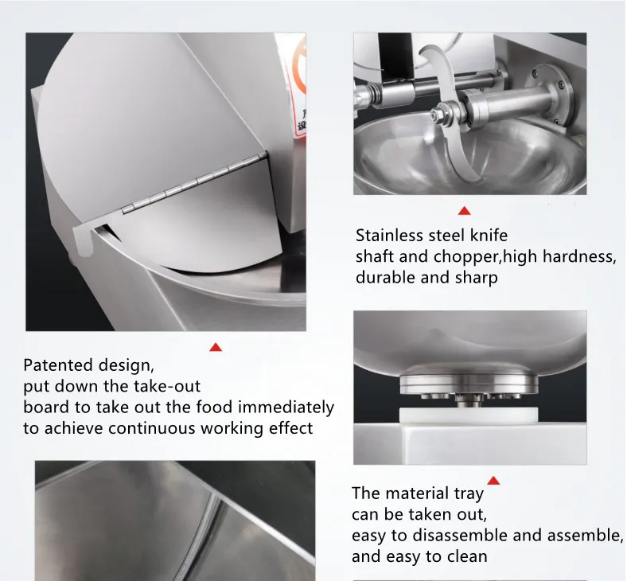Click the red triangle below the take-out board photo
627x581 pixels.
coord(215,347)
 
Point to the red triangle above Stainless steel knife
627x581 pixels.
coord(464,211)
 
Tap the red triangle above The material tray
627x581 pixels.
coord(493,480)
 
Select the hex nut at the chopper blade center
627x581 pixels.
coord(438,115)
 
